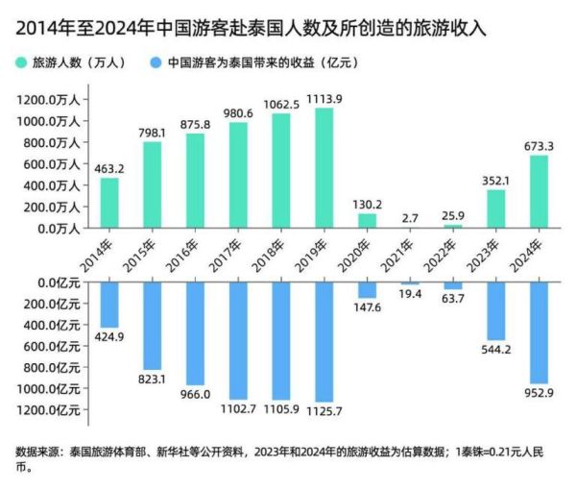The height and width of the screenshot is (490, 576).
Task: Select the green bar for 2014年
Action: click(109, 203)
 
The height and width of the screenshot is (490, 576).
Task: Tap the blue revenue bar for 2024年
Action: click(537, 331)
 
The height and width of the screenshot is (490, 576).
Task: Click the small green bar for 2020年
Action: click(367, 221)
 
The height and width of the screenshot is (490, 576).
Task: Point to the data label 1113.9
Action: click(324, 99)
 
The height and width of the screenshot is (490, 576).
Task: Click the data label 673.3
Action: click(537, 146)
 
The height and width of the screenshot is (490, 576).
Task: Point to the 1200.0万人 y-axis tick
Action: click(49, 100)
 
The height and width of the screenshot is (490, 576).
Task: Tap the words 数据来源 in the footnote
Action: click(36, 450)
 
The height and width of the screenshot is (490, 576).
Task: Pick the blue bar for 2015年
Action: click(153, 326)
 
